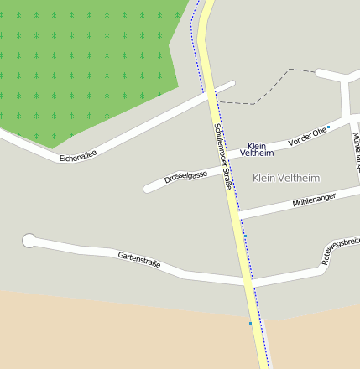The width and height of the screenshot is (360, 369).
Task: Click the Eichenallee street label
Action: tap(78, 155)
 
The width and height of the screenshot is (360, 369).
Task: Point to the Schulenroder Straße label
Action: tap(222, 156)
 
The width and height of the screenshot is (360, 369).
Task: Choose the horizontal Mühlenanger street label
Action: tap(314, 200)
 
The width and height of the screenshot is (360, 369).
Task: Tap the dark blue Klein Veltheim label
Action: tap(257, 150)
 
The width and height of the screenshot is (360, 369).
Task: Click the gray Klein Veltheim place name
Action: tap(286, 178)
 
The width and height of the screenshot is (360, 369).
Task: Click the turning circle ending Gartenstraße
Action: tap(29, 242)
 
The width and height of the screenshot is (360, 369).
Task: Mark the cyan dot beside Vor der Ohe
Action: tap(329, 127)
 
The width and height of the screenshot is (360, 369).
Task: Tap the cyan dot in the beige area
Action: tap(250, 323)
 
